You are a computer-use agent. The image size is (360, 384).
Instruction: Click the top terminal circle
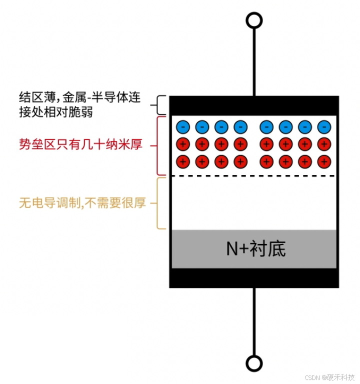pyautogui.click(x=254, y=20)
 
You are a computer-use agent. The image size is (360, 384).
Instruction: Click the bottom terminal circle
pyautogui.click(x=254, y=363)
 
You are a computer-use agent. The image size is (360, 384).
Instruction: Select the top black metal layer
pyautogui.click(x=254, y=105)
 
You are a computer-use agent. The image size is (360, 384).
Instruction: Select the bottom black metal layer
pyautogui.click(x=254, y=277)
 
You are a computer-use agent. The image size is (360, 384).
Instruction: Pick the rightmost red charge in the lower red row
pyautogui.click(x=324, y=161)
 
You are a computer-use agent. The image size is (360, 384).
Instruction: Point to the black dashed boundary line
pyautogui.click(x=254, y=175)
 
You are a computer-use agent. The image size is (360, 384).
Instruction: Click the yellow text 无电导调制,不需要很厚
pyautogui.click(x=82, y=203)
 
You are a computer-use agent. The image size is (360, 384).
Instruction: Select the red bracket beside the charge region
pyautogui.click(x=159, y=145)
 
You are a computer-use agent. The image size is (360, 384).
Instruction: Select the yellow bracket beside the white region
pyautogui.click(x=159, y=203)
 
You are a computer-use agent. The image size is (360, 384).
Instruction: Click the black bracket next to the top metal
pyautogui.click(x=159, y=105)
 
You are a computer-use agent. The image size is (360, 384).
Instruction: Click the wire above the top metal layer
pyautogui.click(x=254, y=60)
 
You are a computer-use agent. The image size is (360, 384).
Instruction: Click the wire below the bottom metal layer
pyautogui.click(x=254, y=320)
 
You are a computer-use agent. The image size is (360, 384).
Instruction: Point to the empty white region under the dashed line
pyautogui.click(x=254, y=202)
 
